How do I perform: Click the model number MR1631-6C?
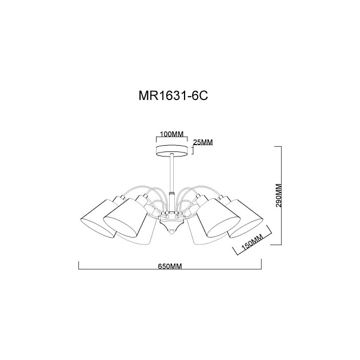tap(172, 95)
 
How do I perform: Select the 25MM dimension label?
tap(203, 142)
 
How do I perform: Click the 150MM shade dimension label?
tap(249, 244)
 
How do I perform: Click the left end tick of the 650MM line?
tap(78, 266)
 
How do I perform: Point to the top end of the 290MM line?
tap(280, 147)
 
